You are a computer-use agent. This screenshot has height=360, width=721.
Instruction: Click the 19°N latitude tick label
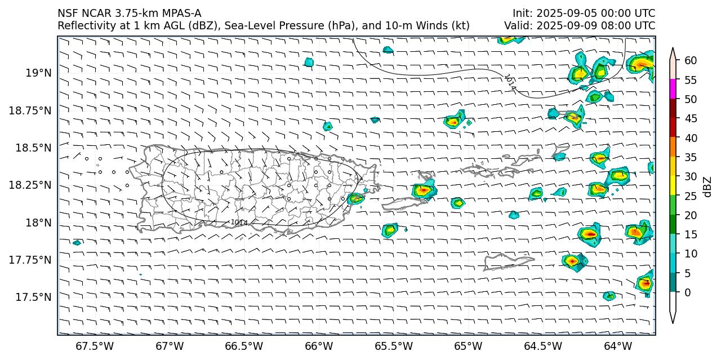tap(38, 73)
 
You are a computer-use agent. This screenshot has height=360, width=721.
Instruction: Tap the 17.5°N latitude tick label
tap(34, 297)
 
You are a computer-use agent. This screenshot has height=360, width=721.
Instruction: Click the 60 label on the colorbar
tap(691, 61)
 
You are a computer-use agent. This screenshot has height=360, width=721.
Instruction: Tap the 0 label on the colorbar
tap(688, 292)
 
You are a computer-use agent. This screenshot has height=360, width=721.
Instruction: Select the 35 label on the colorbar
tap(691, 157)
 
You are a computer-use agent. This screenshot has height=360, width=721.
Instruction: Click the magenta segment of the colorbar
tap(673, 89)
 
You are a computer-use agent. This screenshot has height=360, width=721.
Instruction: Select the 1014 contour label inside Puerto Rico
tap(239, 223)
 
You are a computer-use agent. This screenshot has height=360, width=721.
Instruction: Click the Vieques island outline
tap(406, 203)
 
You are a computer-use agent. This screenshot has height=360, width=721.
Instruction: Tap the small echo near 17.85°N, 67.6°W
tap(77, 243)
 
